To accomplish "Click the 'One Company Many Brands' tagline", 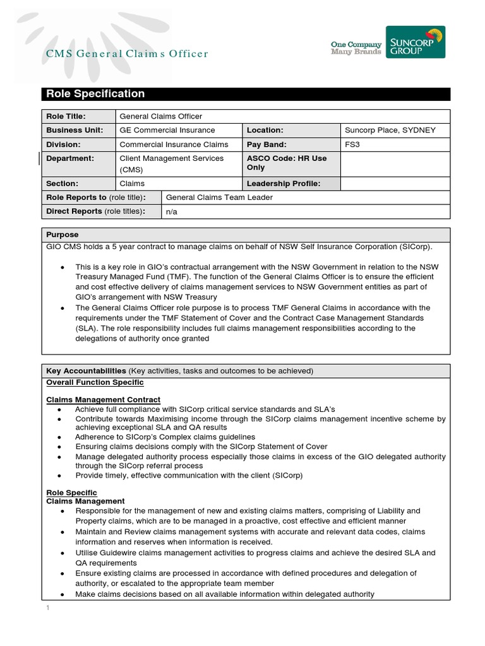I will pyautogui.click(x=356, y=49).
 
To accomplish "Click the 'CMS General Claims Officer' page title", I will pyautogui.click(x=127, y=54).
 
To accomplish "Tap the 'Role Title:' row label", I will pyautogui.click(x=66, y=116).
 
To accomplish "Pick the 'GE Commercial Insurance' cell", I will pyautogui.click(x=167, y=130).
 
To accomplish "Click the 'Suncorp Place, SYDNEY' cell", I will pyautogui.click(x=390, y=130).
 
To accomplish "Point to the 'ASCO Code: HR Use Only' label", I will pyautogui.click(x=287, y=163).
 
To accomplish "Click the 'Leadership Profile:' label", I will pyautogui.click(x=284, y=184).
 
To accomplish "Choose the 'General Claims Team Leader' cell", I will pyautogui.click(x=219, y=197).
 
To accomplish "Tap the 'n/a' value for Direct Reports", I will pyautogui.click(x=172, y=211).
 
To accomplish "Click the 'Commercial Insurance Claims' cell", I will pyautogui.click(x=174, y=144).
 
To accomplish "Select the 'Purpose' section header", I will pyautogui.click(x=63, y=234).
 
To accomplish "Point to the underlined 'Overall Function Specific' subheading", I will pyautogui.click(x=95, y=382).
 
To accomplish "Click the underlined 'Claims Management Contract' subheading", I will pyautogui.click(x=104, y=400).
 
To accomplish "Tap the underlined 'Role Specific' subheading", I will pyautogui.click(x=72, y=493).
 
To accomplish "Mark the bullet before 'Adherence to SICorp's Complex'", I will pyautogui.click(x=59, y=437).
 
